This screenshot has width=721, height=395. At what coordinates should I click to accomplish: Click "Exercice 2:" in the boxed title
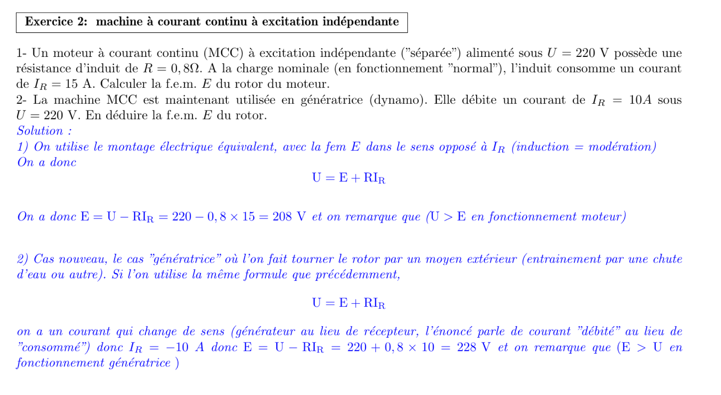(x=56, y=22)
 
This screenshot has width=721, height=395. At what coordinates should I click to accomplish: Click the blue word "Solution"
(x=40, y=131)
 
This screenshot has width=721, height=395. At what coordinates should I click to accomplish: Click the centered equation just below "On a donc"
(x=348, y=178)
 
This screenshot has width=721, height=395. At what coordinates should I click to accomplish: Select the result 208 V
(x=289, y=217)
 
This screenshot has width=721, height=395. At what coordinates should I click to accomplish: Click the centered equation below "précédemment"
(x=348, y=303)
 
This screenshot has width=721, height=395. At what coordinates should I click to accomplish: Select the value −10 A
(x=185, y=347)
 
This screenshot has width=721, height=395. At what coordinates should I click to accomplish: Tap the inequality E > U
(x=642, y=347)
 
